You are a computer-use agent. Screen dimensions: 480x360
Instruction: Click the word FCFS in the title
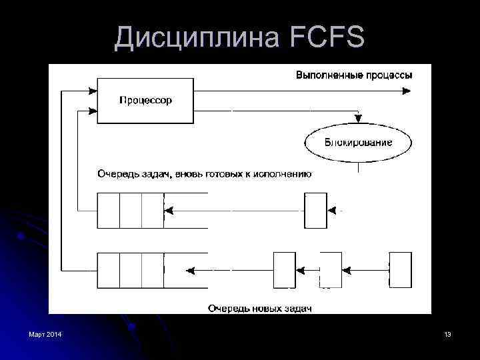click(x=327, y=38)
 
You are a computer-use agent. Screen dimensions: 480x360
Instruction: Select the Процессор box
click(x=145, y=101)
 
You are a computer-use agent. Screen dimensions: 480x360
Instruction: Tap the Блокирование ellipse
click(x=358, y=142)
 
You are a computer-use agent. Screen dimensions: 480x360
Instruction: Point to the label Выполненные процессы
click(x=354, y=75)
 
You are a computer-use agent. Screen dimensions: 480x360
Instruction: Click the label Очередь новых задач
click(x=259, y=308)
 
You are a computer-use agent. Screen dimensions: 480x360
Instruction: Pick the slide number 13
click(x=447, y=333)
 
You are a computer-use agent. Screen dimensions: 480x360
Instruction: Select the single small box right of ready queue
click(x=315, y=210)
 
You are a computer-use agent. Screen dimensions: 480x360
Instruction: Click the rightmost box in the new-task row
click(x=400, y=270)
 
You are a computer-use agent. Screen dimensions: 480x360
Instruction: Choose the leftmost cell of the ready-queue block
click(x=108, y=210)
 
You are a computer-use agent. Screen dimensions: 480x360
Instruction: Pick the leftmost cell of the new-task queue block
click(x=108, y=270)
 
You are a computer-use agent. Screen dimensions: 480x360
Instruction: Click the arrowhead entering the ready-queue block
click(x=169, y=210)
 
